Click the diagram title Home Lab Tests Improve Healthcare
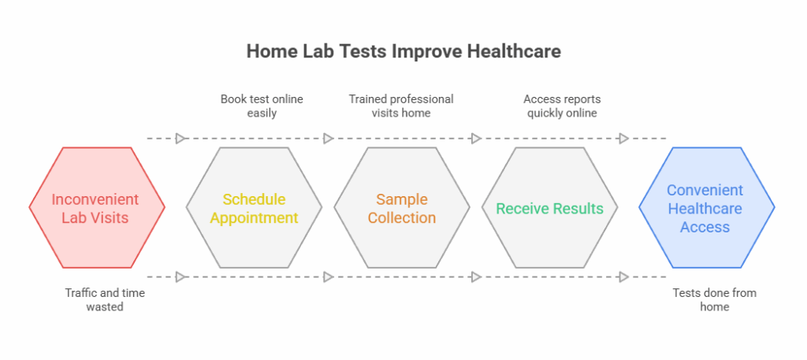coord(403,51)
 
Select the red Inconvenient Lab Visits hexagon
coord(97,208)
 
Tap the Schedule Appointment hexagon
coord(254,208)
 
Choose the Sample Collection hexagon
coord(402,208)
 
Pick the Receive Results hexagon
coord(549,208)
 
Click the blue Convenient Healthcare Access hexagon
coord(705,208)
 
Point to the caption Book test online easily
coord(262,106)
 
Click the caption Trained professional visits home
coord(401,106)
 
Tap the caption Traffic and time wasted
coord(105,299)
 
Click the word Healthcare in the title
coord(513,51)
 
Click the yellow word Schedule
coord(254,199)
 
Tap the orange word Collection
coord(402,217)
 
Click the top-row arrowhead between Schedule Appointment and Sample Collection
coord(328,139)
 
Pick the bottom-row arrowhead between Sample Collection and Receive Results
coord(476,276)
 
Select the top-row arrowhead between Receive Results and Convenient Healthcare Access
coord(623,139)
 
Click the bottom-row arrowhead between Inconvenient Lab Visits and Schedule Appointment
coord(180,276)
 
